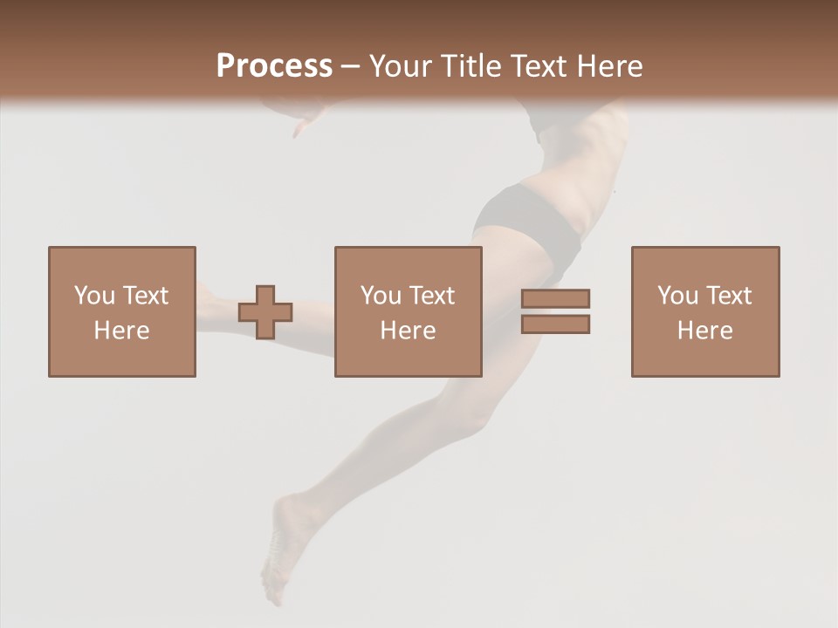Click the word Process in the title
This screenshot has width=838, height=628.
click(x=274, y=66)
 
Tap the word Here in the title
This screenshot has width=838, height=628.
click(x=609, y=66)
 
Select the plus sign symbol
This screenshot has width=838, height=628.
click(x=265, y=312)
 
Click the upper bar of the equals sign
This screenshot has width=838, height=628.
click(x=555, y=299)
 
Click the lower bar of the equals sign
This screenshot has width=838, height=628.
click(x=555, y=324)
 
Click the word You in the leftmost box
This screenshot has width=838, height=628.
click(x=94, y=296)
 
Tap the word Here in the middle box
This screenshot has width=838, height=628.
click(x=408, y=331)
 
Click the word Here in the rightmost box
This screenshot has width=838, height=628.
click(x=704, y=331)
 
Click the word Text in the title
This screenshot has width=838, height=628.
click(x=540, y=66)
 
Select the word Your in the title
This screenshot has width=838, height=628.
click(x=401, y=66)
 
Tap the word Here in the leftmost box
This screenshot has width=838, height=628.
click(x=121, y=331)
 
